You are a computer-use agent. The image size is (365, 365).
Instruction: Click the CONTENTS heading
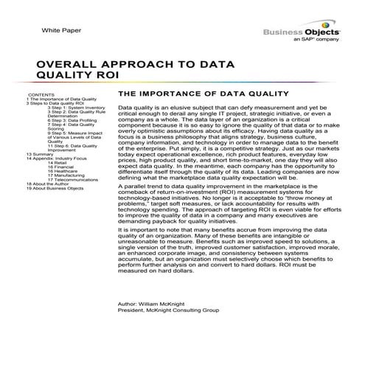coord(40,95)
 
